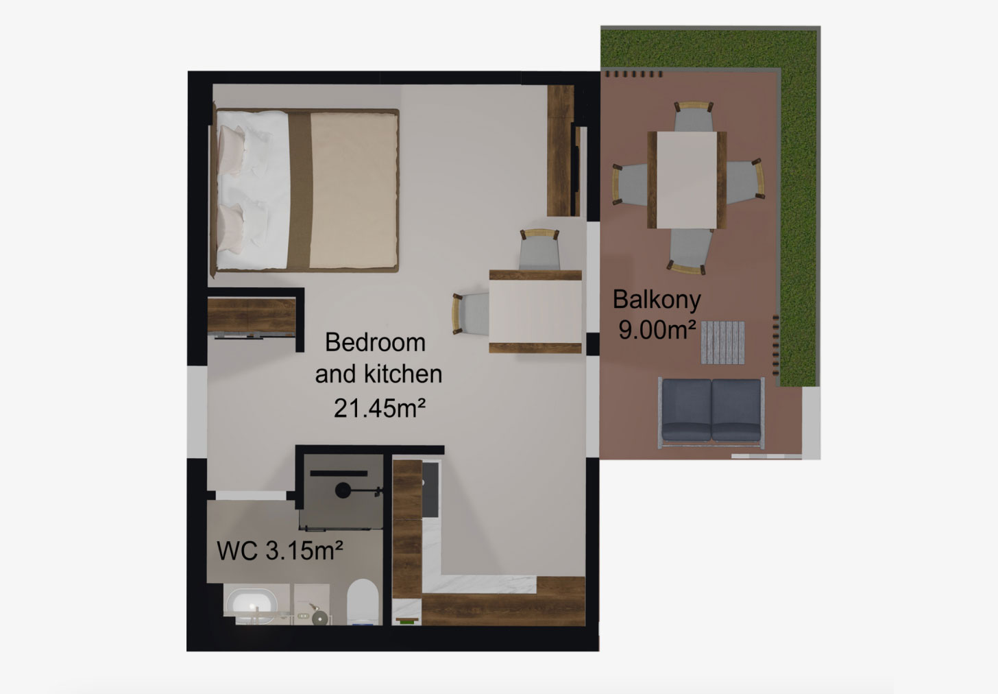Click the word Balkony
pyautogui.click(x=657, y=300)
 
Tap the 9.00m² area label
pyautogui.click(x=657, y=331)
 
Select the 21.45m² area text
pyautogui.click(x=380, y=408)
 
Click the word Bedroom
pyautogui.click(x=375, y=342)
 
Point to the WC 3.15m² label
pyautogui.click(x=280, y=551)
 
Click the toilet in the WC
pyautogui.click(x=363, y=601)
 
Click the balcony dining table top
pyautogui.click(x=687, y=180)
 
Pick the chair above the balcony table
pyautogui.click(x=693, y=116)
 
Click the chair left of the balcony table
pyautogui.click(x=630, y=184)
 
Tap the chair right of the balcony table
pyautogui.click(x=745, y=179)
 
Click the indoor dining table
pyautogui.click(x=535, y=311)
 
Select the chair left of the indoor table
pyautogui.click(x=470, y=313)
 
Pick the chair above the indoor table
pyautogui.click(x=539, y=250)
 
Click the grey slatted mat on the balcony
pyautogui.click(x=722, y=342)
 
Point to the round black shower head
pyautogui.click(x=343, y=490)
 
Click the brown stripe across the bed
pyautogui.click(x=300, y=191)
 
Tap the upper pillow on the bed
pyautogui.click(x=232, y=150)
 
